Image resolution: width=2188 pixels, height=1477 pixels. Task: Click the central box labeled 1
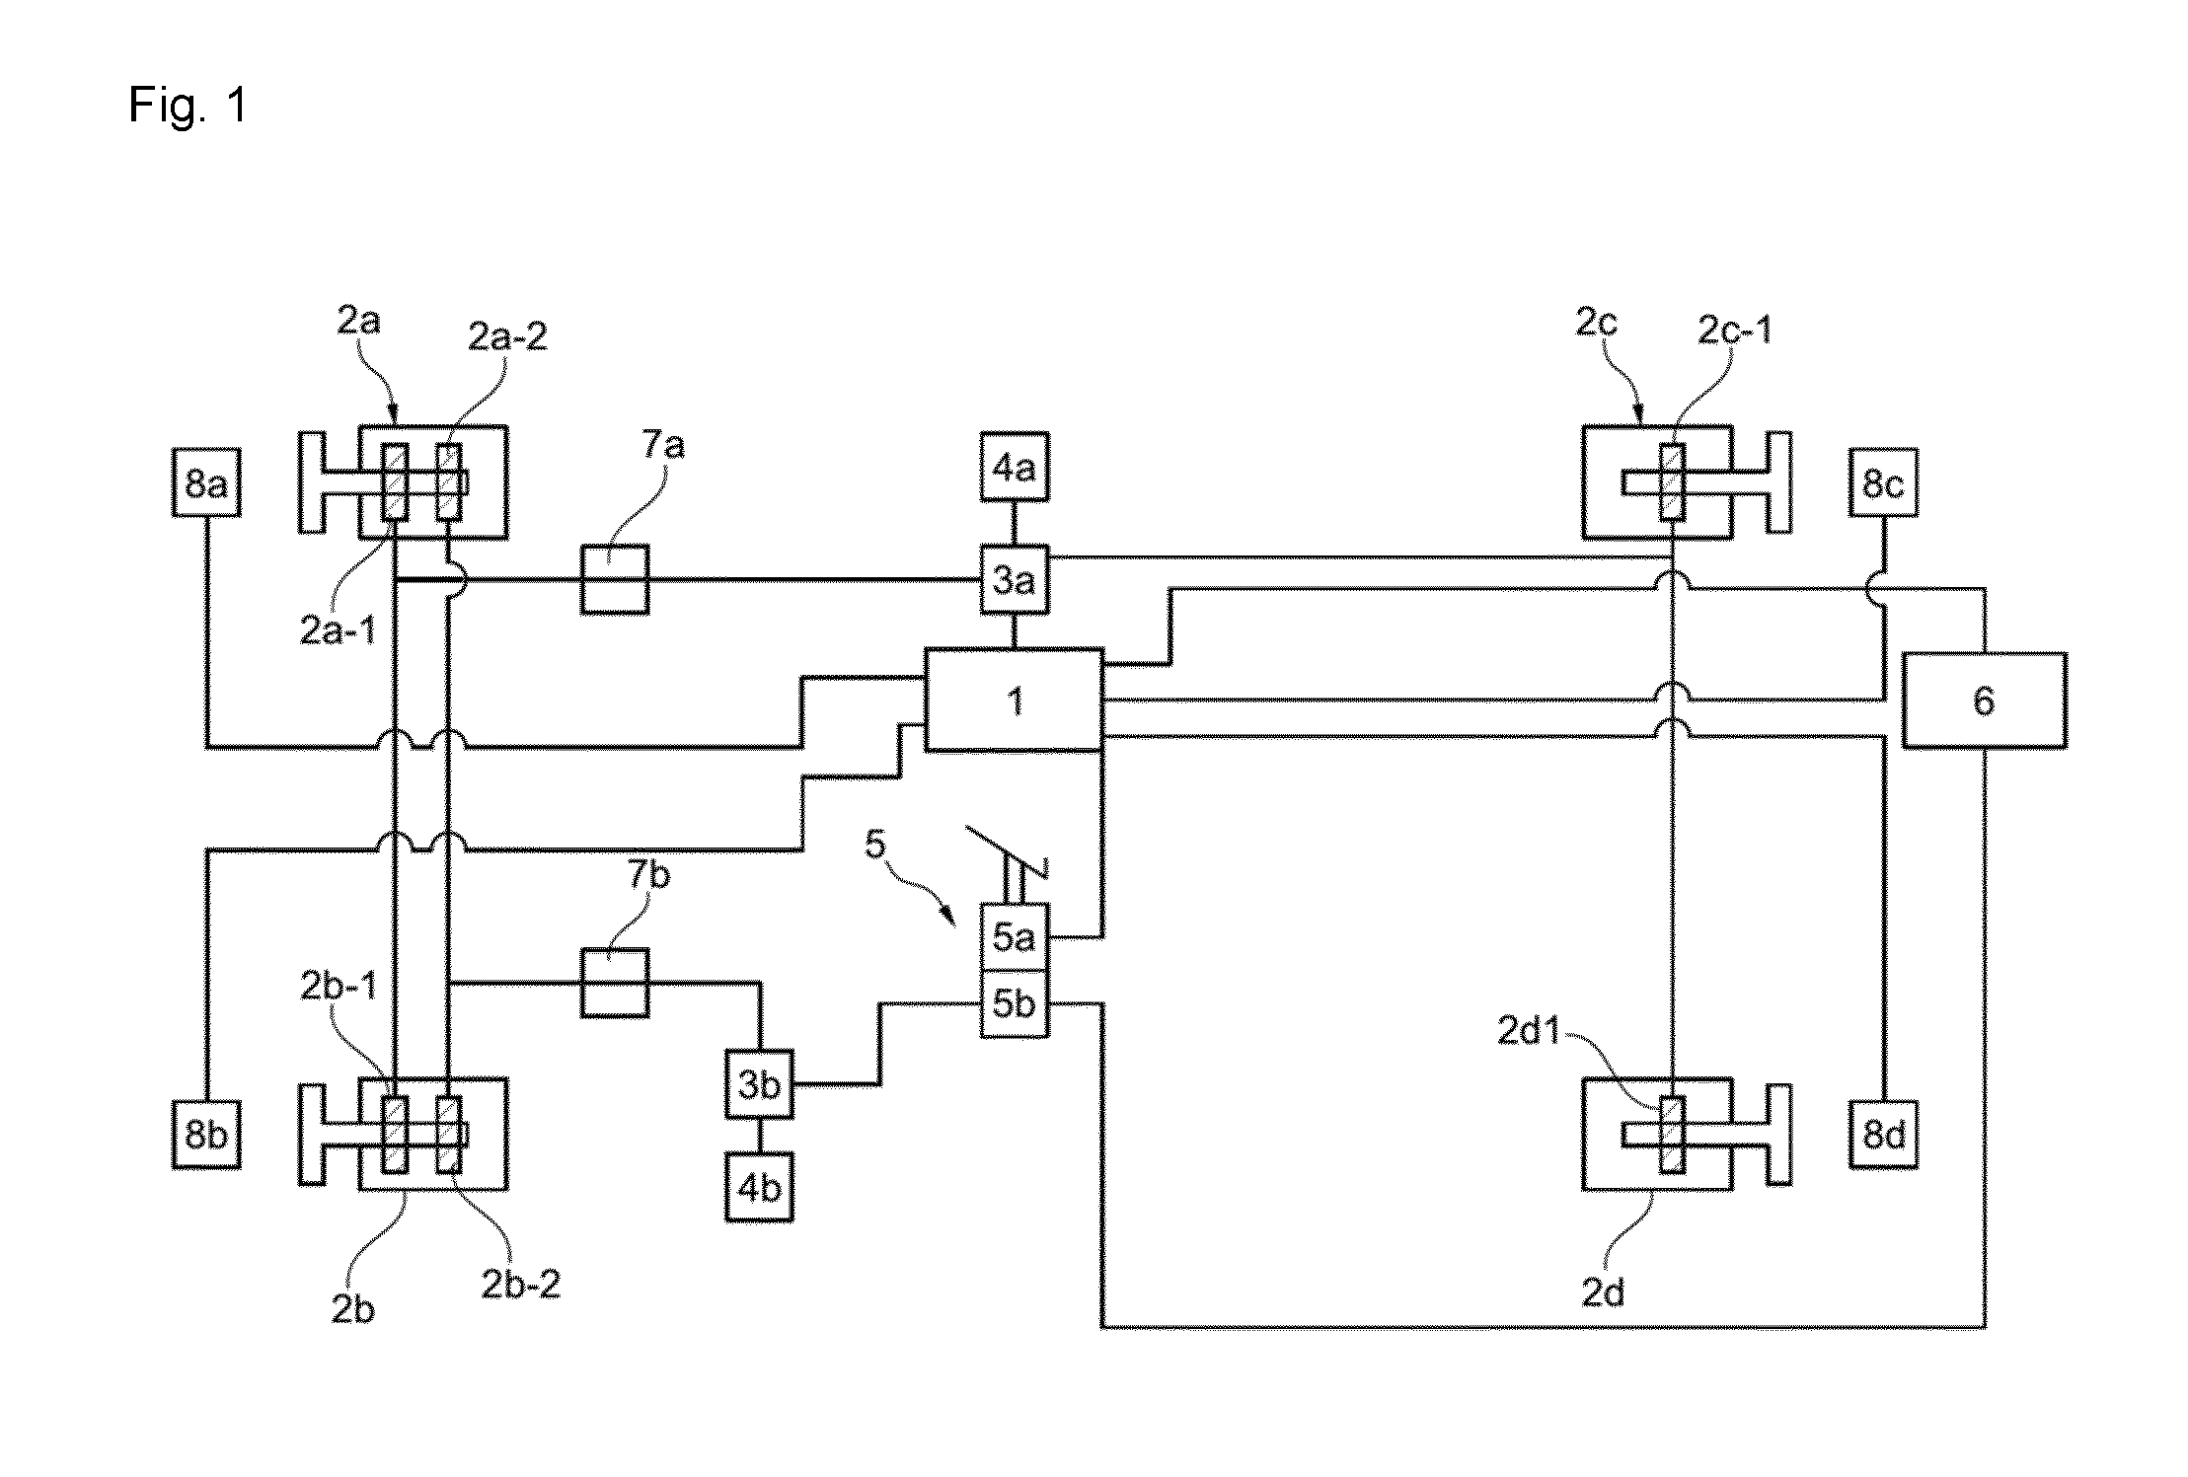click(1014, 700)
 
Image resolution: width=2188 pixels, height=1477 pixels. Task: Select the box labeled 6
click(1984, 700)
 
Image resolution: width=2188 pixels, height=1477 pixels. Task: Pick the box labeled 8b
click(206, 1135)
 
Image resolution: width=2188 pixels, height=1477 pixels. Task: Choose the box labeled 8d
click(1884, 1135)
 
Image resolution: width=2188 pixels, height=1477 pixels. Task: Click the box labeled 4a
click(1014, 467)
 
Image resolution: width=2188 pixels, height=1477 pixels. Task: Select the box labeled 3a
click(1014, 579)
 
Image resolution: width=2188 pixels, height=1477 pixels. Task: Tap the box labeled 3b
click(759, 1084)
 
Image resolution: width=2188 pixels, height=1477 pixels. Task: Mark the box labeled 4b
click(759, 1187)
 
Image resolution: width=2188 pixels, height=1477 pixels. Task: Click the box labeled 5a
click(1014, 936)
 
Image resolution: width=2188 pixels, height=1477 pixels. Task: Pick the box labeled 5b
click(1014, 1003)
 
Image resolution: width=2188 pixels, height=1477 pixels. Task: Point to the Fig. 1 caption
click(188, 105)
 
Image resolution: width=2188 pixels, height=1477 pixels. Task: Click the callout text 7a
click(663, 446)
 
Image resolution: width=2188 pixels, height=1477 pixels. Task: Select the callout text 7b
click(648, 874)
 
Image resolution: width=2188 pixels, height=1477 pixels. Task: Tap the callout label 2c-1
click(1735, 331)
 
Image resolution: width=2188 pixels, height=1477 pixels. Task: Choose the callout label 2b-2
click(520, 1285)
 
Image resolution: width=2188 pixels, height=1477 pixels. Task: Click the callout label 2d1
click(1530, 1031)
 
